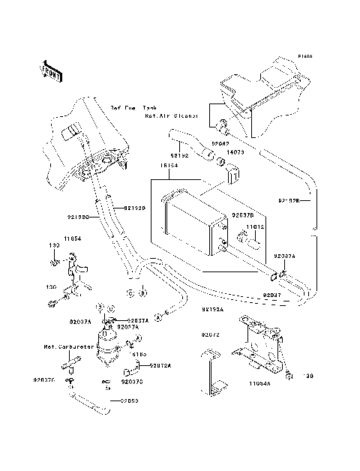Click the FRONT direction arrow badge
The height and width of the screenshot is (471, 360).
coord(49,70)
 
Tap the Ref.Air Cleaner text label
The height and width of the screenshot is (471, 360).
coord(172,116)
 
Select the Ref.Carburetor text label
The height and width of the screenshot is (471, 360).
coord(62,348)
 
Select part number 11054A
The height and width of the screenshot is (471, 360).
coord(259,382)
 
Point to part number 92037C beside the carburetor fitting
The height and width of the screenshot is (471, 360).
coord(43,380)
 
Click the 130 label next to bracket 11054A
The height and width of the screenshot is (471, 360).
coord(307,376)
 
